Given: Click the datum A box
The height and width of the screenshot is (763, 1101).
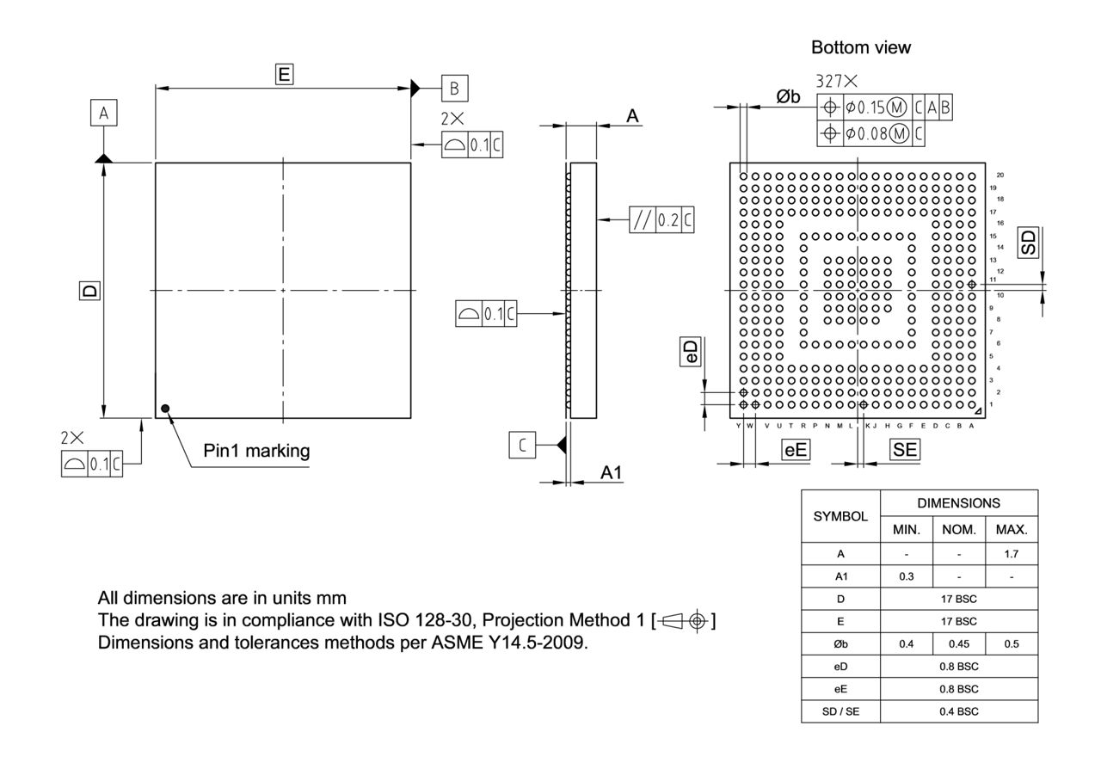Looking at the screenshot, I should pyautogui.click(x=104, y=113).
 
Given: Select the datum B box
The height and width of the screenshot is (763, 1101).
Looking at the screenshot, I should pyautogui.click(x=455, y=88).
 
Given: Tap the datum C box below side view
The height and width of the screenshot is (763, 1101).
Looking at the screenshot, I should pyautogui.click(x=523, y=445).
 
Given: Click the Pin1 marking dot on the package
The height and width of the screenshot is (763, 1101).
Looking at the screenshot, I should pyautogui.click(x=165, y=409).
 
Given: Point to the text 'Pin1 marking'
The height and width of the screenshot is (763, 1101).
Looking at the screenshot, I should pyautogui.click(x=255, y=451).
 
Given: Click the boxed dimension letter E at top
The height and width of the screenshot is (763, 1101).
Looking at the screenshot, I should pyautogui.click(x=284, y=75).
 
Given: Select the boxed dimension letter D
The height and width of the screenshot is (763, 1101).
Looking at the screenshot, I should pyautogui.click(x=88, y=291).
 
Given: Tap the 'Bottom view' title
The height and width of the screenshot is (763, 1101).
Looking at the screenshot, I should pyautogui.click(x=860, y=48).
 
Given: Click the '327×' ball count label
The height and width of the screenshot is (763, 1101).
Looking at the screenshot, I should pyautogui.click(x=836, y=82).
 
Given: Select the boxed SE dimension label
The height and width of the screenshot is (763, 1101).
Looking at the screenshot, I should pyautogui.click(x=905, y=448).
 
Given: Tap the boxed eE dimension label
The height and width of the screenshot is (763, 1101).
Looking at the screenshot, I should pyautogui.click(x=796, y=448).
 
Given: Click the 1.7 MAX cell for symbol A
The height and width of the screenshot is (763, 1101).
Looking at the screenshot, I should pyautogui.click(x=1011, y=553).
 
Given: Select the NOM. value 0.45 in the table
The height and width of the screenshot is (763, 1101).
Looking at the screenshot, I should pyautogui.click(x=958, y=643).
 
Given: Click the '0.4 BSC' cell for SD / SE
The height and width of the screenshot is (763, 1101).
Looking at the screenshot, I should pyautogui.click(x=958, y=711).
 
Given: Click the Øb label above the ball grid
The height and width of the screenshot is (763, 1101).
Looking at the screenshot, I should pyautogui.click(x=788, y=97).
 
